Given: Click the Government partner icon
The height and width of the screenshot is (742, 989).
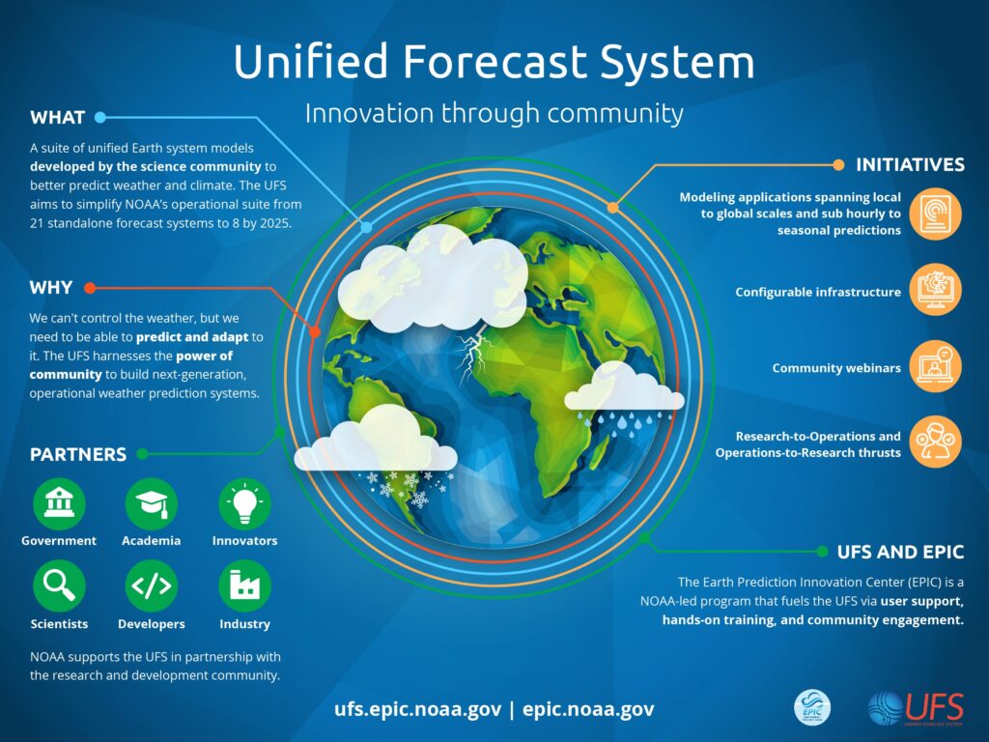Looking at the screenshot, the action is coord(59,503).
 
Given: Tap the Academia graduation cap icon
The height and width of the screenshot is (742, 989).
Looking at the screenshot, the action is coord(152,503).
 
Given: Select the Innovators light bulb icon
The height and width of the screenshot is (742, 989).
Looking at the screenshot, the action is coord(244,503).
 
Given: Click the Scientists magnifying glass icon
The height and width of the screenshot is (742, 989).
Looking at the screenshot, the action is coord(59,586).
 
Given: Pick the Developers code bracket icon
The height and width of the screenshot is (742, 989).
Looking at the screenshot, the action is coord(152,586).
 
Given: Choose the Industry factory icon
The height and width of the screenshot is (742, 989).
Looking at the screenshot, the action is coord(244,586).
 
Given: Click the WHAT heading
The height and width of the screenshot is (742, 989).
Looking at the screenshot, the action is coord(57,117).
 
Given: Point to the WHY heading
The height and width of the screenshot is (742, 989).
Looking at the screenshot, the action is coord(51,288).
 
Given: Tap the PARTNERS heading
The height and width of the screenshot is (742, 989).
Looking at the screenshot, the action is coord(78,454).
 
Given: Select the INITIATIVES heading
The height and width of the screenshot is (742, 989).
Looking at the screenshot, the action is coord(910,165).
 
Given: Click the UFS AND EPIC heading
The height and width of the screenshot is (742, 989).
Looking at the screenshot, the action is coord(901,552).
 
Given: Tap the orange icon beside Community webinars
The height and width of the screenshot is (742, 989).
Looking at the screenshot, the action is coord(935,366).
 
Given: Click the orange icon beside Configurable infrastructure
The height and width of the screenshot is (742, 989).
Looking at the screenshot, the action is coord(935,290).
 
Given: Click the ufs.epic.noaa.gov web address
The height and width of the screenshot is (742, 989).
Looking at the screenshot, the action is coord(418,709).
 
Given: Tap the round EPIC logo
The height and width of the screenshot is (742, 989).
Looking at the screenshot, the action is coord(812,707).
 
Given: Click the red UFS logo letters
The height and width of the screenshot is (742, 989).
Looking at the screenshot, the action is coord(935,706).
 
